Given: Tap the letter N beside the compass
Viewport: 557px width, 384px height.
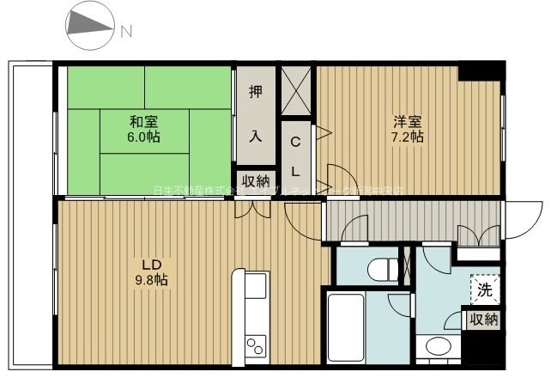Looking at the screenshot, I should (126, 33).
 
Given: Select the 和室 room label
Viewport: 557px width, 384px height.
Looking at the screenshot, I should (142, 120).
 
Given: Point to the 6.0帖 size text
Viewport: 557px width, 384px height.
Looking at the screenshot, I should (142, 136).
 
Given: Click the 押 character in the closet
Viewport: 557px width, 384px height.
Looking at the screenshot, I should (255, 94).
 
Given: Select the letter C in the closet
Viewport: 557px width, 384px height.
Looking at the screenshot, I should (294, 142).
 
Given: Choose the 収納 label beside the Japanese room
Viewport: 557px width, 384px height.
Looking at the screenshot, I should (255, 181).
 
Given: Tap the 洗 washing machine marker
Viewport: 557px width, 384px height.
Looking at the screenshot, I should (485, 290).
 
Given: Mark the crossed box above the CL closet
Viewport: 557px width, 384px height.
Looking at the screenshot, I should (298, 89).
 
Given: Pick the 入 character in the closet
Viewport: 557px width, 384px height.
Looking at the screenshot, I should (255, 136).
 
